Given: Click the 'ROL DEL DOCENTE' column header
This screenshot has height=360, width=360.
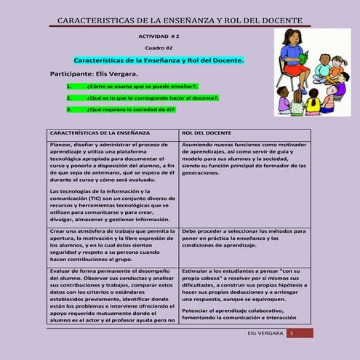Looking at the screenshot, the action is click(207, 134).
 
